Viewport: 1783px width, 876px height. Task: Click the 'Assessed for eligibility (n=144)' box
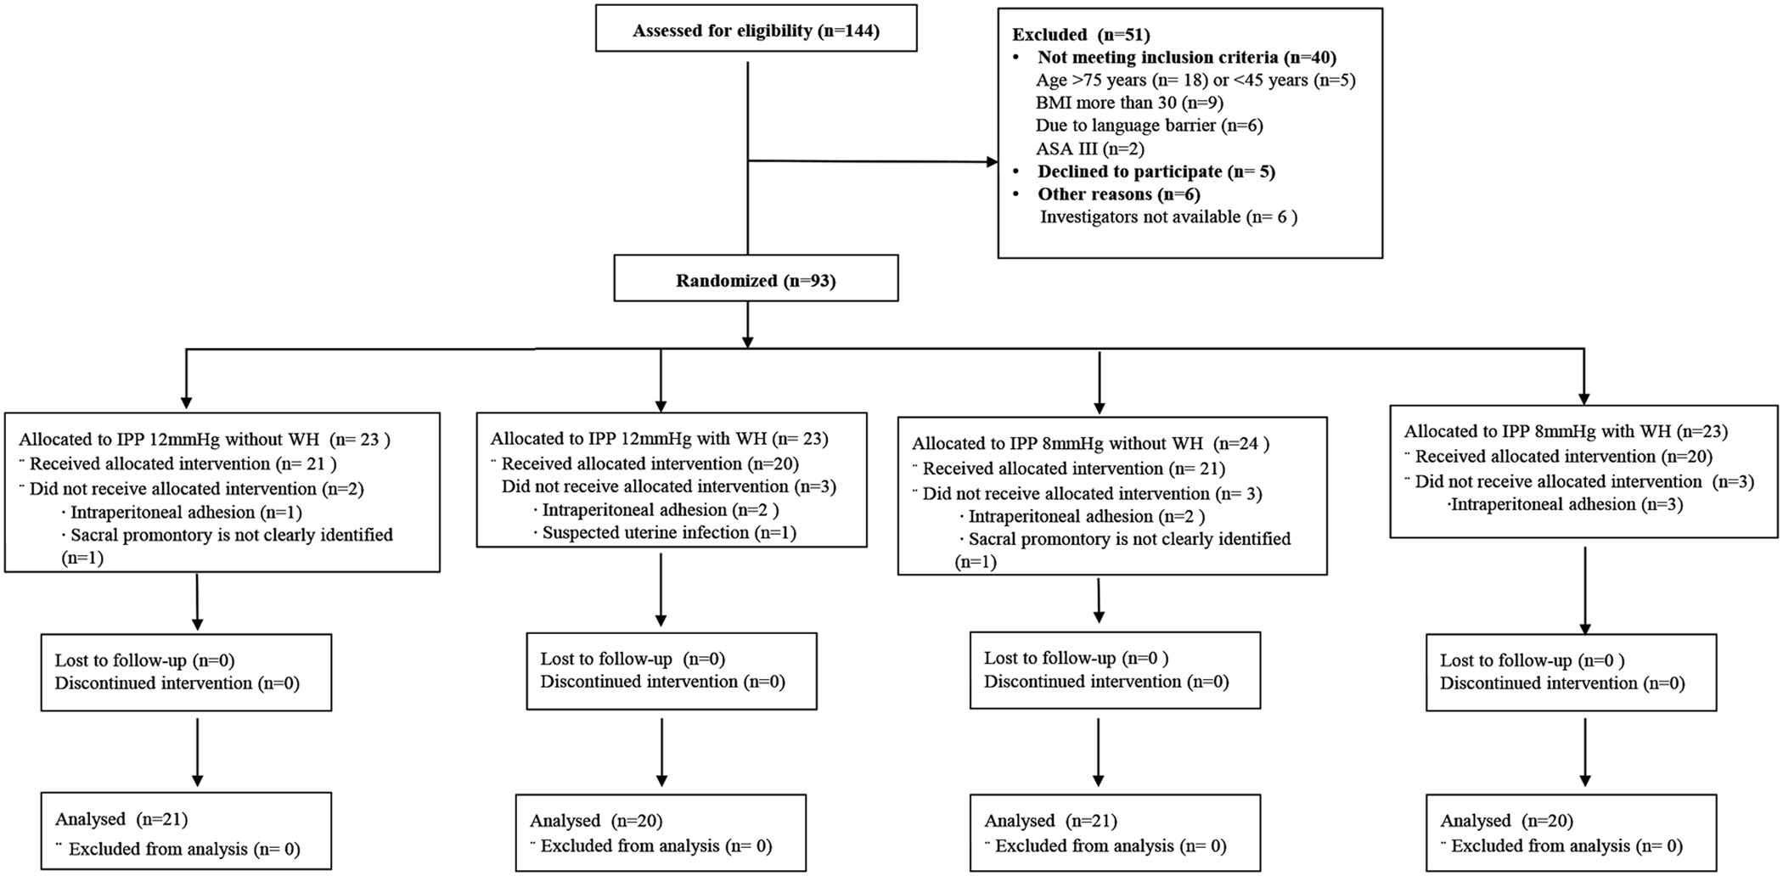pos(756,31)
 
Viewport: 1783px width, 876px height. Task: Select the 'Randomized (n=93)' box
pos(756,280)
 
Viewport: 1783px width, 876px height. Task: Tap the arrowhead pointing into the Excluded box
pos(991,161)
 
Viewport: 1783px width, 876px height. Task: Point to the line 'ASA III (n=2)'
pos(1089,149)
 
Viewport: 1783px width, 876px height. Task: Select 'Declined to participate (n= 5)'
pos(1156,171)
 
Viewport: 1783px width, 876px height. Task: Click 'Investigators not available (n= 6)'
pos(1168,217)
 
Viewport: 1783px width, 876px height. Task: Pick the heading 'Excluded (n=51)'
pos(1080,35)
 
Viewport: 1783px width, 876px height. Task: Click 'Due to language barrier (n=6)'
pos(1149,126)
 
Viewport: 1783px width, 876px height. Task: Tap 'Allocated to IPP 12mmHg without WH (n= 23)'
pos(204,440)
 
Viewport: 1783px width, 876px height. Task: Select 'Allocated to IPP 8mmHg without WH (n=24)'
pos(1090,444)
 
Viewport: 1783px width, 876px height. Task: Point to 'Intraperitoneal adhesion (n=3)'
pos(1566,505)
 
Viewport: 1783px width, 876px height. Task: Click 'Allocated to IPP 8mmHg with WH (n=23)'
pos(1566,432)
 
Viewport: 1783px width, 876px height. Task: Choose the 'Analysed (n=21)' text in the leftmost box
pos(121,820)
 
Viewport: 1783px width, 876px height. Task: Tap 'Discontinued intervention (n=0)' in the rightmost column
pos(1562,683)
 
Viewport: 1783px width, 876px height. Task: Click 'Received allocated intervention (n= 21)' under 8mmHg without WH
pos(1073,469)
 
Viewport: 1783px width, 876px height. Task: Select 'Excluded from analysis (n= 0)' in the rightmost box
pos(1566,846)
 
